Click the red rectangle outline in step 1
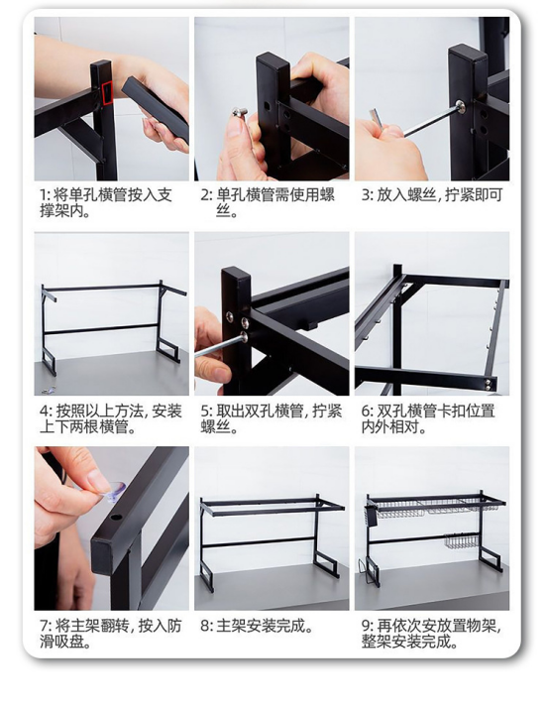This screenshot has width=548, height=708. click(107, 93)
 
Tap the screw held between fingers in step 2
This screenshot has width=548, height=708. click(240, 113)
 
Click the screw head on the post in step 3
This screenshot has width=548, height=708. click(461, 106)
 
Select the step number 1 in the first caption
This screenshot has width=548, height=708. click(43, 195)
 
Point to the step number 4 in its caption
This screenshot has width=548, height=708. click(44, 411)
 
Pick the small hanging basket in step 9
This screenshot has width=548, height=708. click(461, 541)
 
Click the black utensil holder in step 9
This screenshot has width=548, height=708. click(371, 516)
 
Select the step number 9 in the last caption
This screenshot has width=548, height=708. click(366, 626)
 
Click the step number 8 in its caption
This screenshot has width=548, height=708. click(205, 626)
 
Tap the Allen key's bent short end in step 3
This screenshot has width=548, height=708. click(376, 118)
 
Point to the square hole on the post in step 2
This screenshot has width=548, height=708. click(267, 107)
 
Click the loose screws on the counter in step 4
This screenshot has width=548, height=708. click(49, 390)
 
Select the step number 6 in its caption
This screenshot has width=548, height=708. click(366, 411)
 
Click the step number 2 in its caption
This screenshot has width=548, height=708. click(205, 195)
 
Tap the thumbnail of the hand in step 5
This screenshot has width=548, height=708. click(222, 374)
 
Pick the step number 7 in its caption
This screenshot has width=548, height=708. click(44, 626)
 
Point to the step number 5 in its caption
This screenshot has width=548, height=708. click(205, 411)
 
